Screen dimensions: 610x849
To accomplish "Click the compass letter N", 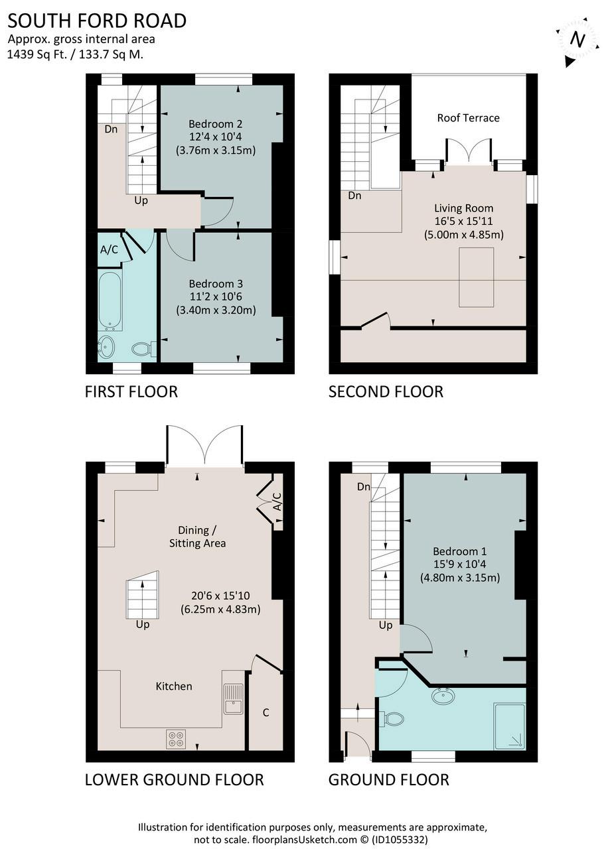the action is [x=577, y=39].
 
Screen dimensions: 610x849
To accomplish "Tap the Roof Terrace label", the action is [x=468, y=118].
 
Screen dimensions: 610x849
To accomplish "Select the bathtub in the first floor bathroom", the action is [x=110, y=301].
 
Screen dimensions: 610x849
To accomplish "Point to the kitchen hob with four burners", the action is [x=176, y=739].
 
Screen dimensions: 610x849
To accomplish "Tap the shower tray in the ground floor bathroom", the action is [x=510, y=726].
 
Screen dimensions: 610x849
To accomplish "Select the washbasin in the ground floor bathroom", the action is [x=443, y=696].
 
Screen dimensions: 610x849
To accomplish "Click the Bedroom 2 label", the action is [x=216, y=124].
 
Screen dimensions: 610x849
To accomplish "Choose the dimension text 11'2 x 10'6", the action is [x=216, y=296].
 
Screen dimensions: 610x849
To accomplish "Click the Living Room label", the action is [x=463, y=208].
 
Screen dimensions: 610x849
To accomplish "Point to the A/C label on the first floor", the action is [x=109, y=249].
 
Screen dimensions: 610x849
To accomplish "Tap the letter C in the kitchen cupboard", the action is [x=266, y=712].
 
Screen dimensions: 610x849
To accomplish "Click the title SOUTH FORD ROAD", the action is [x=97, y=21].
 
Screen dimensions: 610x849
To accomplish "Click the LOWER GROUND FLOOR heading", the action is [x=174, y=780].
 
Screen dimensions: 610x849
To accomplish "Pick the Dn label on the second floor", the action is [x=354, y=196].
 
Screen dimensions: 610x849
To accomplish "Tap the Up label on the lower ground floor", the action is [x=143, y=625].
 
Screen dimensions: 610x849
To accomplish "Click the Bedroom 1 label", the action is [x=460, y=551].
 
